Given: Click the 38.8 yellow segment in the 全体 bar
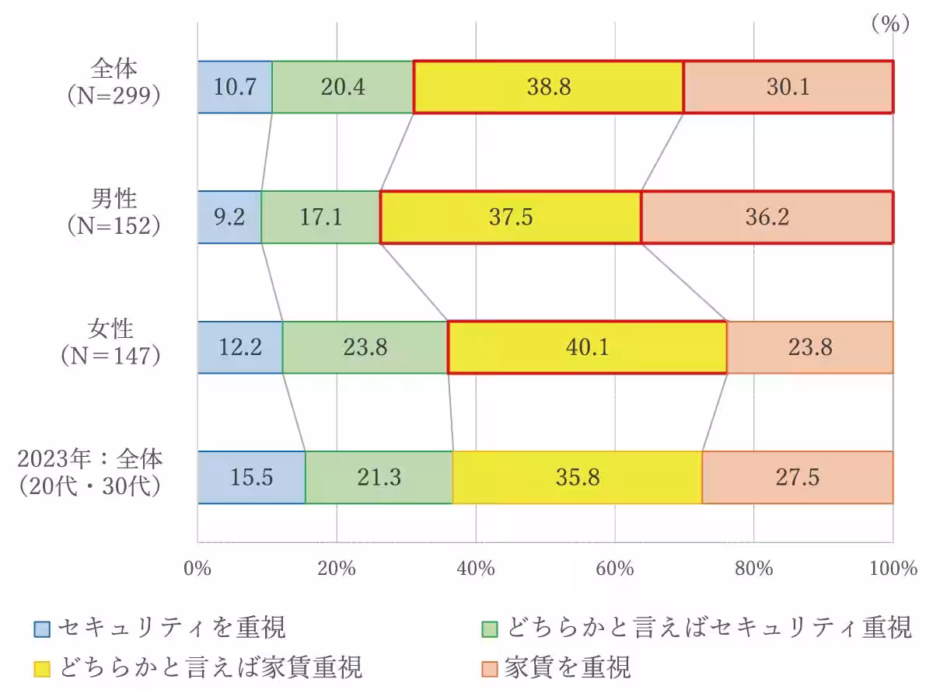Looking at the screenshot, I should pyautogui.click(x=548, y=87).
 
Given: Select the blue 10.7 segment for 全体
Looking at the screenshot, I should pyautogui.click(x=235, y=87).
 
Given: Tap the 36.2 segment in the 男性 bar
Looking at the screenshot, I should pyautogui.click(x=767, y=218).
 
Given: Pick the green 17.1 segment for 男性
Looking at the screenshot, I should pyautogui.click(x=320, y=218).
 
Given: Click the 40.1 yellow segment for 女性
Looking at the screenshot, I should pyautogui.click(x=587, y=347).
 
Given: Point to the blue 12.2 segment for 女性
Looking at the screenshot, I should pyautogui.click(x=239, y=347).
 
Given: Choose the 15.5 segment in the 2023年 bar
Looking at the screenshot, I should pyautogui.click(x=251, y=477).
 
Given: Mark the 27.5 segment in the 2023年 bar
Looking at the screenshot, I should pyautogui.click(x=797, y=477).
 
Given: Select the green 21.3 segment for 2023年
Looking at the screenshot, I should pyautogui.click(x=379, y=477).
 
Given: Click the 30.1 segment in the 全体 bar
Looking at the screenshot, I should pyautogui.click(x=788, y=87).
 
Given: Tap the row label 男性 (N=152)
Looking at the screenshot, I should pyautogui.click(x=114, y=212).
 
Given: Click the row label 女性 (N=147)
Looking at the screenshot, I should pyautogui.click(x=114, y=343).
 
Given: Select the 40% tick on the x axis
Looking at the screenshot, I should pyautogui.click(x=476, y=569).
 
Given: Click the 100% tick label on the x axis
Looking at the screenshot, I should pyautogui.click(x=893, y=569).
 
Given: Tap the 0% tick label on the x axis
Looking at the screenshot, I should pyautogui.click(x=197, y=569).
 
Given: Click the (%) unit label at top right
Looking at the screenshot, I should pyautogui.click(x=889, y=25).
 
